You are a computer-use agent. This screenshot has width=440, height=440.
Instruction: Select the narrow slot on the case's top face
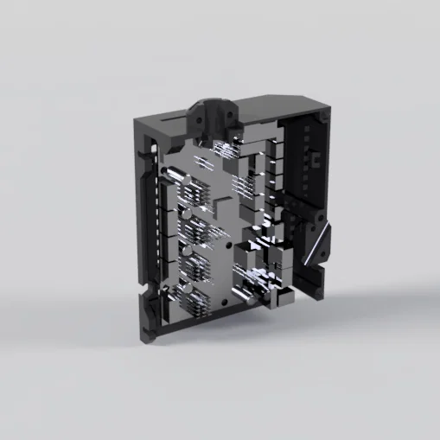click(172, 113)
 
